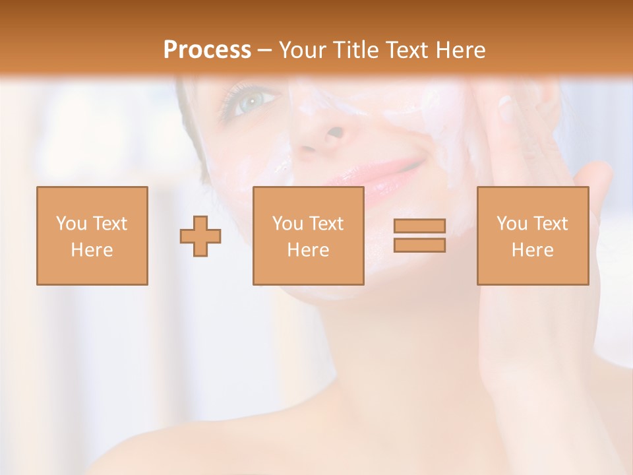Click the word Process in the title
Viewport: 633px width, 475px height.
207,50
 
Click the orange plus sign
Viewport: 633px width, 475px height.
200,236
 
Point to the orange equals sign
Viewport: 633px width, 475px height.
419,236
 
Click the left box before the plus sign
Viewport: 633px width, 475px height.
92,236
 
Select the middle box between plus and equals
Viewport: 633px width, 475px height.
308,236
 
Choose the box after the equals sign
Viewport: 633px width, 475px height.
532,236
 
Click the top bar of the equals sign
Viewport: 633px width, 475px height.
419,226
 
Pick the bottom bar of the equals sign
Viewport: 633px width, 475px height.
419,245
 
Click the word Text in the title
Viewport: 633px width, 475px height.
405,50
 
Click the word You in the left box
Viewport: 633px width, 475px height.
71,224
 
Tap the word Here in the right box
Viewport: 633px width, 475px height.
532,250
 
